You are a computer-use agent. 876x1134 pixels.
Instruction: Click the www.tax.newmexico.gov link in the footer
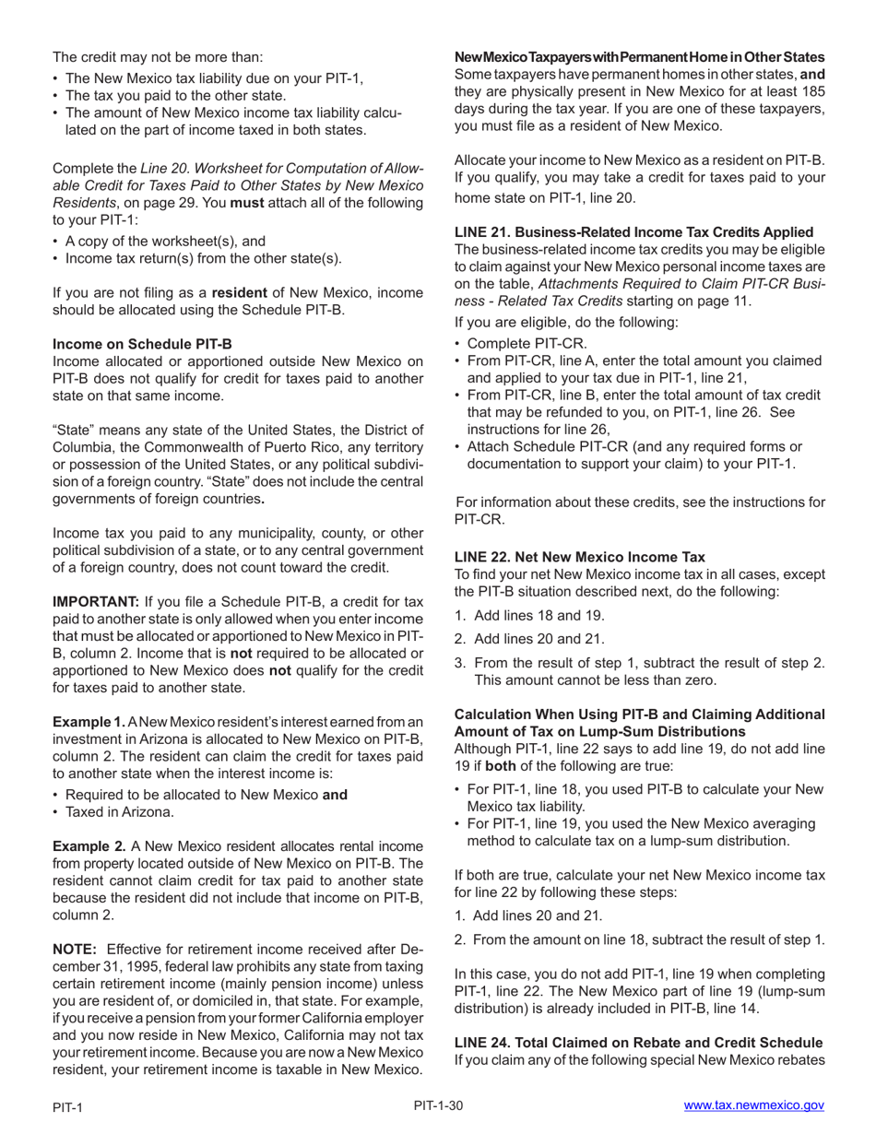tap(753, 1105)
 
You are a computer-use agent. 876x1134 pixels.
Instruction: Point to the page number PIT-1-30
tap(438, 1105)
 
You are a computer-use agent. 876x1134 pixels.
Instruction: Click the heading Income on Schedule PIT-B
tap(142, 344)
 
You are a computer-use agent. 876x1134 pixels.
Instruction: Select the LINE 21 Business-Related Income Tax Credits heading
tap(633, 232)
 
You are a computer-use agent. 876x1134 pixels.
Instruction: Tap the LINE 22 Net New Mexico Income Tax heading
tap(579, 557)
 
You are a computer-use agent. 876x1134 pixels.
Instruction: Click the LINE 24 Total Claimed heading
tap(638, 1043)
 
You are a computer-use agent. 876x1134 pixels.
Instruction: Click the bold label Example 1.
tap(89, 721)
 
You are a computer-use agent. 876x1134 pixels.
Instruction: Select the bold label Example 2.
tap(89, 846)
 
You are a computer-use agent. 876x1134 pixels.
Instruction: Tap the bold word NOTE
tap(75, 950)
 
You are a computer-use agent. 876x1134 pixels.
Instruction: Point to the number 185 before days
tap(811, 91)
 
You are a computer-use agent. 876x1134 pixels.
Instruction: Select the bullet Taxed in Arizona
tap(120, 812)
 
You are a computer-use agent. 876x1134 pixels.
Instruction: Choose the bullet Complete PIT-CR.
tap(527, 343)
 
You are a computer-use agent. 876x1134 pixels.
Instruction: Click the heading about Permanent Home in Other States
tap(639, 57)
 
